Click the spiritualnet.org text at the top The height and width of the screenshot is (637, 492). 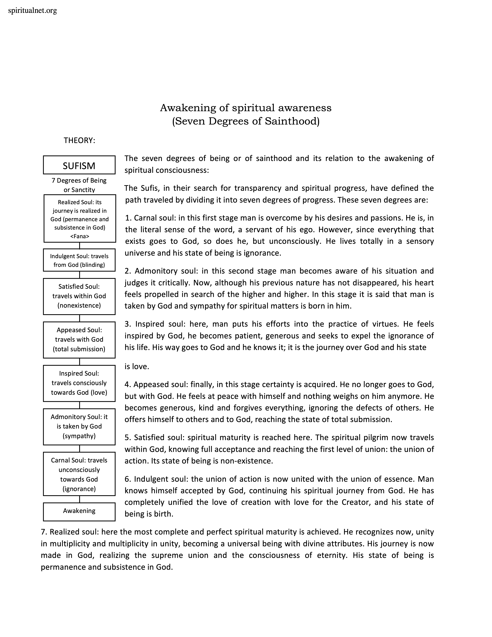[x=33, y=11]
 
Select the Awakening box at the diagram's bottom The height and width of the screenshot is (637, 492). [x=79, y=511]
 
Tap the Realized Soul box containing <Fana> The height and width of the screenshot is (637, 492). [x=80, y=219]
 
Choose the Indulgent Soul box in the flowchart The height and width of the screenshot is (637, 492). [x=79, y=260]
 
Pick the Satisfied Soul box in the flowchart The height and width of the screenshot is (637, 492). [x=79, y=296]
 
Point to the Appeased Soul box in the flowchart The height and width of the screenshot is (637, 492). [x=79, y=339]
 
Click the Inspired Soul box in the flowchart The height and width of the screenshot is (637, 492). [x=79, y=383]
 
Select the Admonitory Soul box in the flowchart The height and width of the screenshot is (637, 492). [x=79, y=426]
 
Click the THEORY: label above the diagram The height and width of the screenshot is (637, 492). [x=79, y=141]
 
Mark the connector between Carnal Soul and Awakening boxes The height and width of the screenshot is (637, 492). [x=80, y=499]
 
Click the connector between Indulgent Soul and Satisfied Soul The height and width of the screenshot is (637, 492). [x=80, y=275]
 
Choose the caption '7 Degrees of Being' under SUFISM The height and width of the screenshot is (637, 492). [x=79, y=181]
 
